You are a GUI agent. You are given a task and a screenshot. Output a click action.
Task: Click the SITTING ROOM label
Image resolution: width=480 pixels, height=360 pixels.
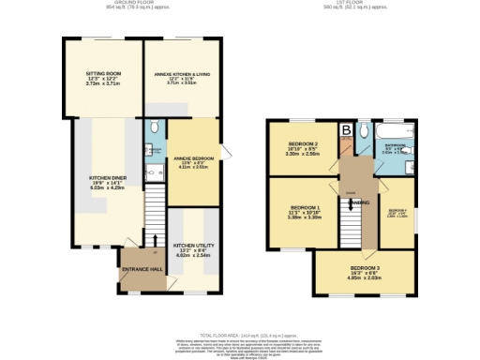[102, 73]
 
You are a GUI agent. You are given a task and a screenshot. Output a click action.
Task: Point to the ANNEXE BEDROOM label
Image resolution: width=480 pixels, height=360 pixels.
[192, 158]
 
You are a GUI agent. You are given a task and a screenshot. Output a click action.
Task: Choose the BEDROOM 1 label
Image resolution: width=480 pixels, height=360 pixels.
[306, 206]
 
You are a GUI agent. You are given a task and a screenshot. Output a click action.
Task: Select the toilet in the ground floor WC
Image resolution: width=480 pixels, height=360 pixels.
[153, 127]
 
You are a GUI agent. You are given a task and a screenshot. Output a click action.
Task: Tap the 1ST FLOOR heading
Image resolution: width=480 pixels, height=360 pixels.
[355, 4]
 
